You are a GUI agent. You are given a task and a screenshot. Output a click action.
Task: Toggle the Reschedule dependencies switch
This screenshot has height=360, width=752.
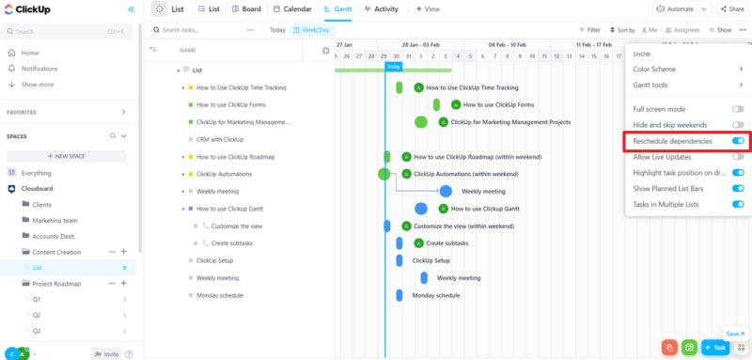pyautogui.click(x=738, y=141)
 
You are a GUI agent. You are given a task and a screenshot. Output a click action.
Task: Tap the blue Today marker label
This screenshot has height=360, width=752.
pyautogui.click(x=393, y=67)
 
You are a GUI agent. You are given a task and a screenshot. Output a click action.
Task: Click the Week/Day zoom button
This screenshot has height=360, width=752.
pyautogui.click(x=311, y=30)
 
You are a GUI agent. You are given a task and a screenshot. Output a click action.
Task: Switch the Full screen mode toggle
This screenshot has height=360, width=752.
pyautogui.click(x=738, y=109)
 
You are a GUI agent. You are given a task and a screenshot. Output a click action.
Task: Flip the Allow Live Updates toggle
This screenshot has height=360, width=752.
pyautogui.click(x=738, y=156)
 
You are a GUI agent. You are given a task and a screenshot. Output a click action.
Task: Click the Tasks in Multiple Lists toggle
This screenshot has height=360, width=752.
pyautogui.click(x=738, y=204)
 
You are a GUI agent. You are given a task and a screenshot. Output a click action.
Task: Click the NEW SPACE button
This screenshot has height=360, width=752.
pyautogui.click(x=67, y=156)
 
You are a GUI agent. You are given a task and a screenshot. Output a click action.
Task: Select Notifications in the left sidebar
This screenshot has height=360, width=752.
pyautogui.click(x=39, y=69)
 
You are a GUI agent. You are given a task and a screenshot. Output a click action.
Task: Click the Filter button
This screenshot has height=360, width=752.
pyautogui.click(x=589, y=30)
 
